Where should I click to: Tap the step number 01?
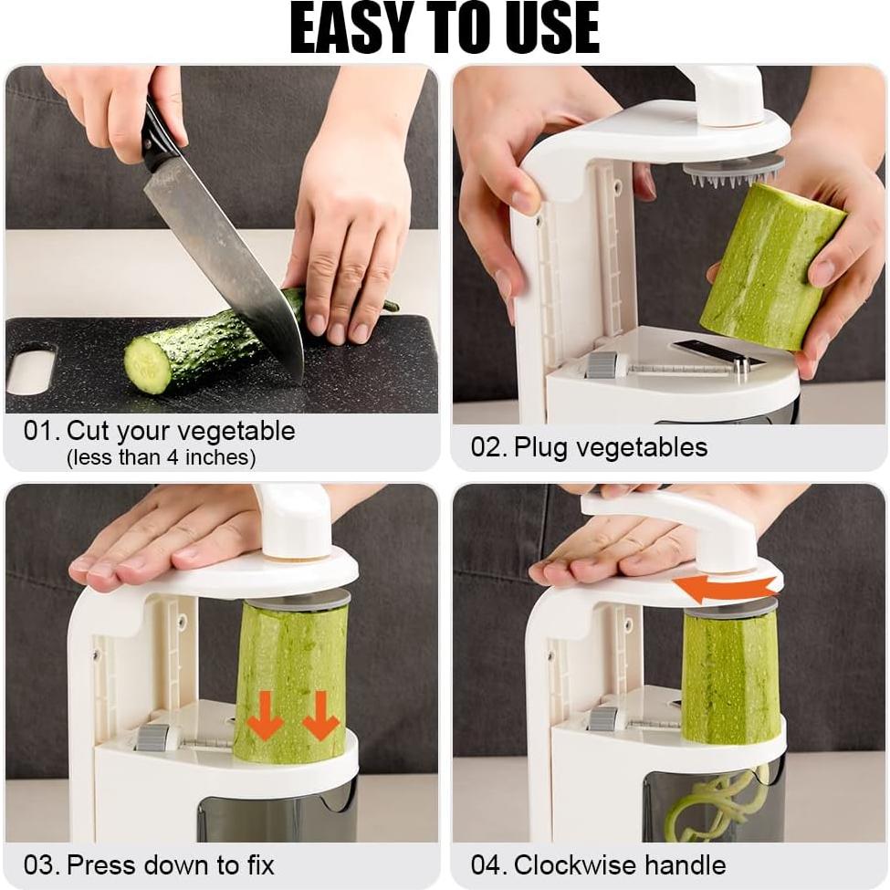point(41,431)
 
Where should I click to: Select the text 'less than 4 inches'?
point(161,457)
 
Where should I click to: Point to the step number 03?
point(41,864)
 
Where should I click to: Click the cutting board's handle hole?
point(31,371)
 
